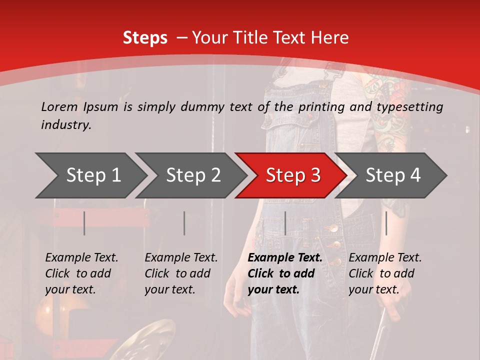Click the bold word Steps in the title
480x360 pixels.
[x=145, y=37]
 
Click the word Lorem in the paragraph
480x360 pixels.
[x=59, y=106]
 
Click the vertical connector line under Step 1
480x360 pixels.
[x=84, y=223]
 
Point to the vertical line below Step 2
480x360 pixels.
[x=184, y=223]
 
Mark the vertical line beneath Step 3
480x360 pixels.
[x=285, y=223]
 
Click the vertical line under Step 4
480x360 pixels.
[x=386, y=223]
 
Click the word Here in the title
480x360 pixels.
[x=329, y=37]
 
